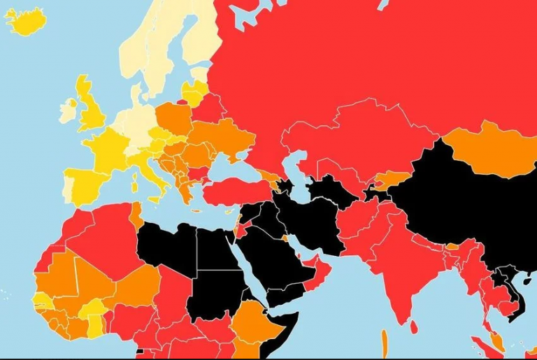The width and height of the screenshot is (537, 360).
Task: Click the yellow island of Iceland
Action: pyautogui.click(x=26, y=21)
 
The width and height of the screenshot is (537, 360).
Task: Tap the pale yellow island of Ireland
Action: pyautogui.click(x=68, y=111)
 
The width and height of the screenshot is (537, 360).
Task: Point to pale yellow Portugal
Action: pyautogui.click(x=69, y=187)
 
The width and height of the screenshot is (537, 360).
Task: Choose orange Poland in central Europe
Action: pyautogui.click(x=173, y=119)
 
